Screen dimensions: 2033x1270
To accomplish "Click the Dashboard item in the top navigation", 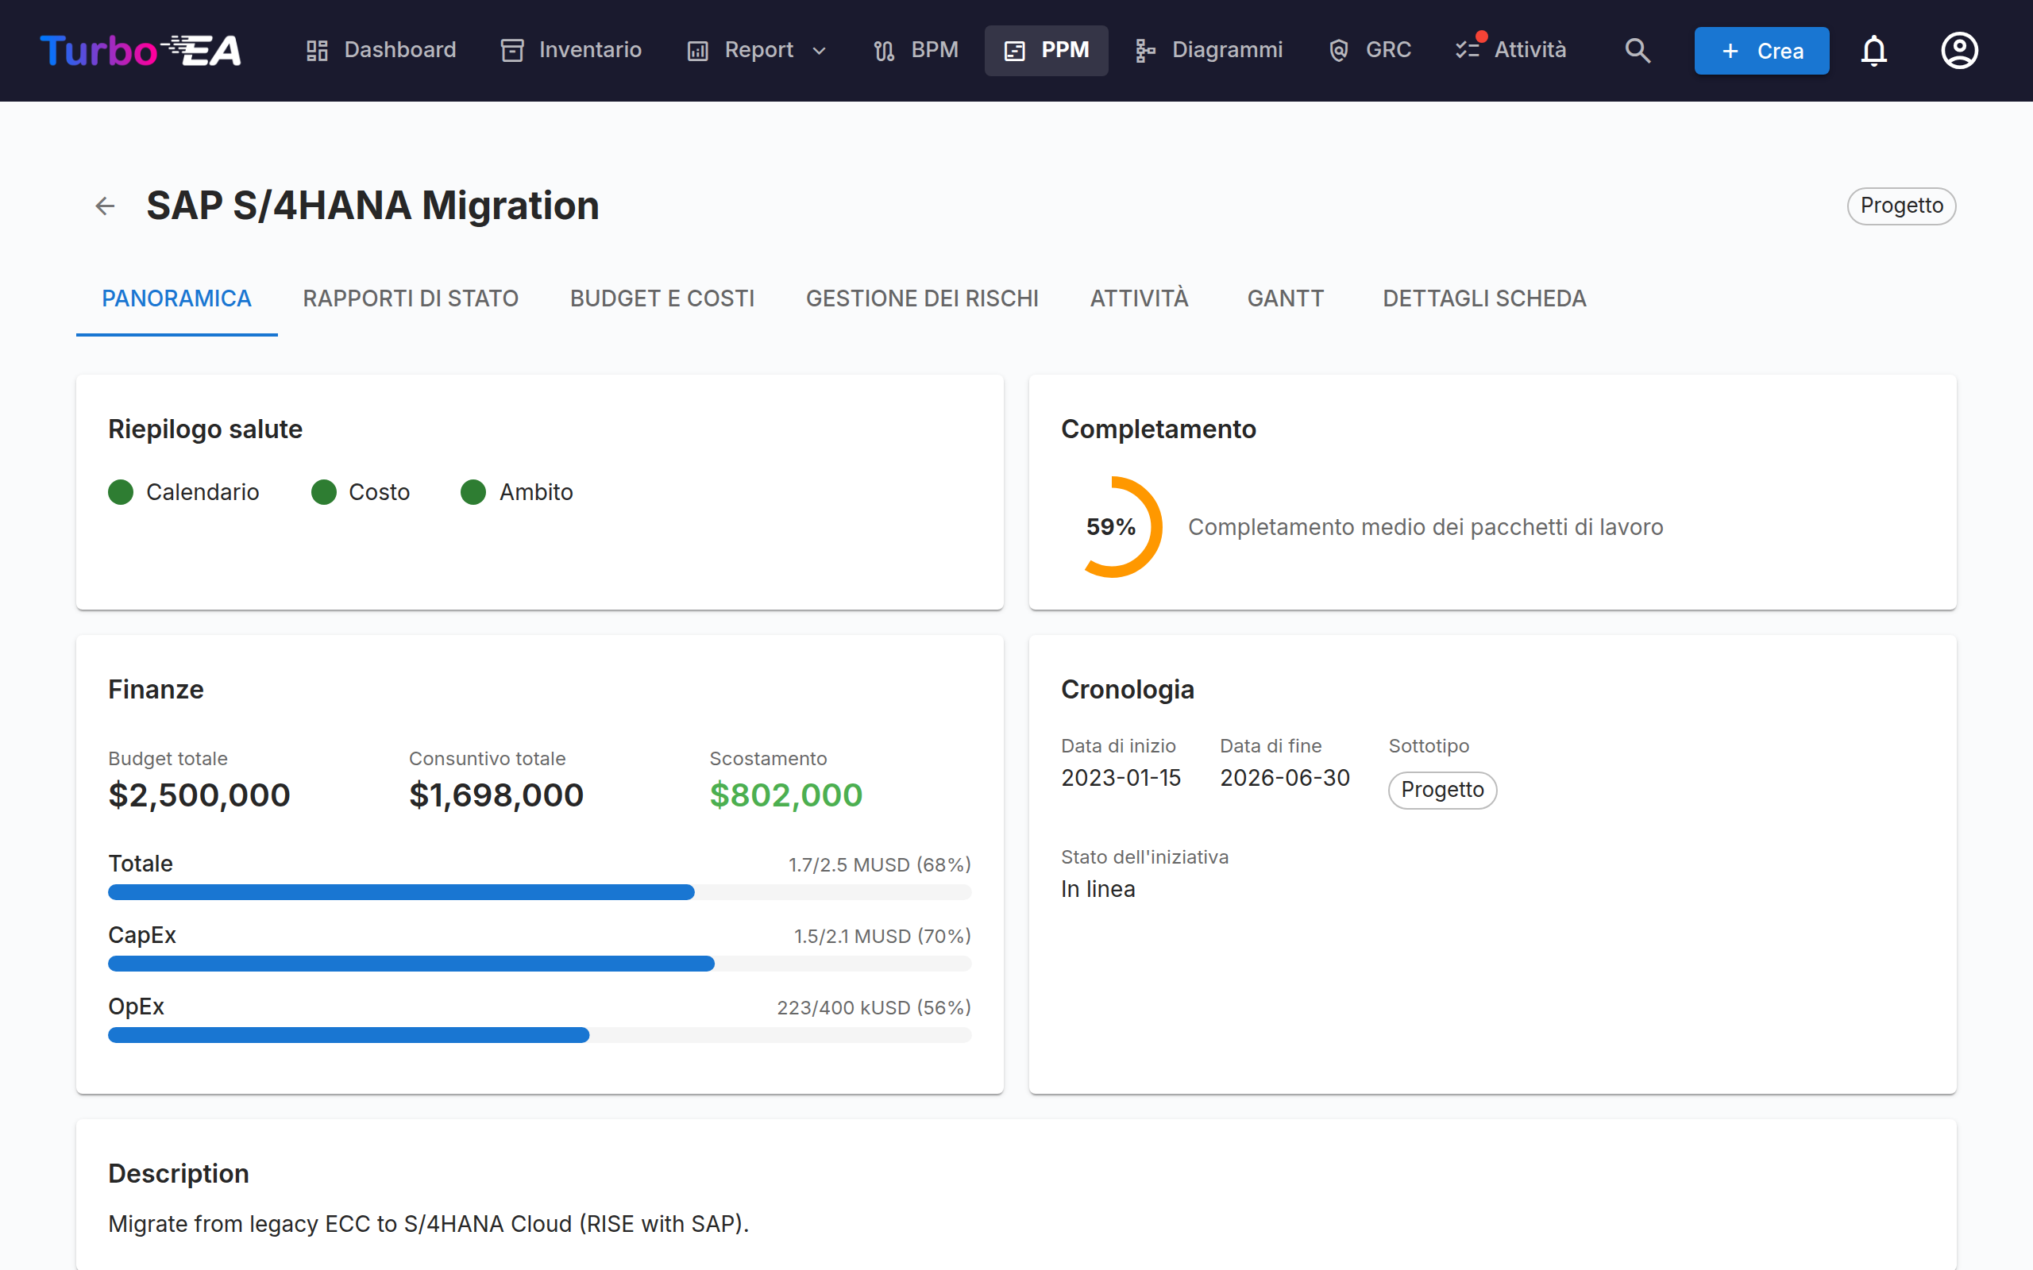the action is pyautogui.click(x=380, y=50).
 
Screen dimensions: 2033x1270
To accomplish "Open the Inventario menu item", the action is pyautogui.click(x=571, y=50).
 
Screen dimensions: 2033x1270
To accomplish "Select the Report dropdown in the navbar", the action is pyautogui.click(x=757, y=50).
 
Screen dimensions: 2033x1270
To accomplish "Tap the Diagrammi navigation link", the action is pyautogui.click(x=1208, y=50).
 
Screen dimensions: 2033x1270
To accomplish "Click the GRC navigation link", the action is pyautogui.click(x=1369, y=50).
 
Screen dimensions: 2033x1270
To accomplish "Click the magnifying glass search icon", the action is pyautogui.click(x=1638, y=50).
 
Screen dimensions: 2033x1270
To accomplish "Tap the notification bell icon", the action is pyautogui.click(x=1873, y=50).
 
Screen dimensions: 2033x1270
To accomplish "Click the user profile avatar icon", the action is pyautogui.click(x=1959, y=50).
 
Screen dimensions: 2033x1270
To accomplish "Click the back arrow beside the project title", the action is pyautogui.click(x=105, y=206).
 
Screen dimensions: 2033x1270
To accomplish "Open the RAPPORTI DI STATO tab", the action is pyautogui.click(x=411, y=298).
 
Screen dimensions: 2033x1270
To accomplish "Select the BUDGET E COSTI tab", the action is pyautogui.click(x=662, y=298).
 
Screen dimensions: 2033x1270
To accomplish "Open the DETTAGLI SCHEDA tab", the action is pyautogui.click(x=1484, y=298).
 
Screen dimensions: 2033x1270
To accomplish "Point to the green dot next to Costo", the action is pyautogui.click(x=323, y=492).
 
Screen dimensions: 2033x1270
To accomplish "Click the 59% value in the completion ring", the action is pyautogui.click(x=1110, y=526).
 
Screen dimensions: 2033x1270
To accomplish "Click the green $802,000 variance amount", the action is pyautogui.click(x=785, y=795).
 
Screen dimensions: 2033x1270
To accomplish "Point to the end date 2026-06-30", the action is pyautogui.click(x=1284, y=778).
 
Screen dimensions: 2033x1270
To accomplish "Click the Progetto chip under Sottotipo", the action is pyautogui.click(x=1442, y=790).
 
